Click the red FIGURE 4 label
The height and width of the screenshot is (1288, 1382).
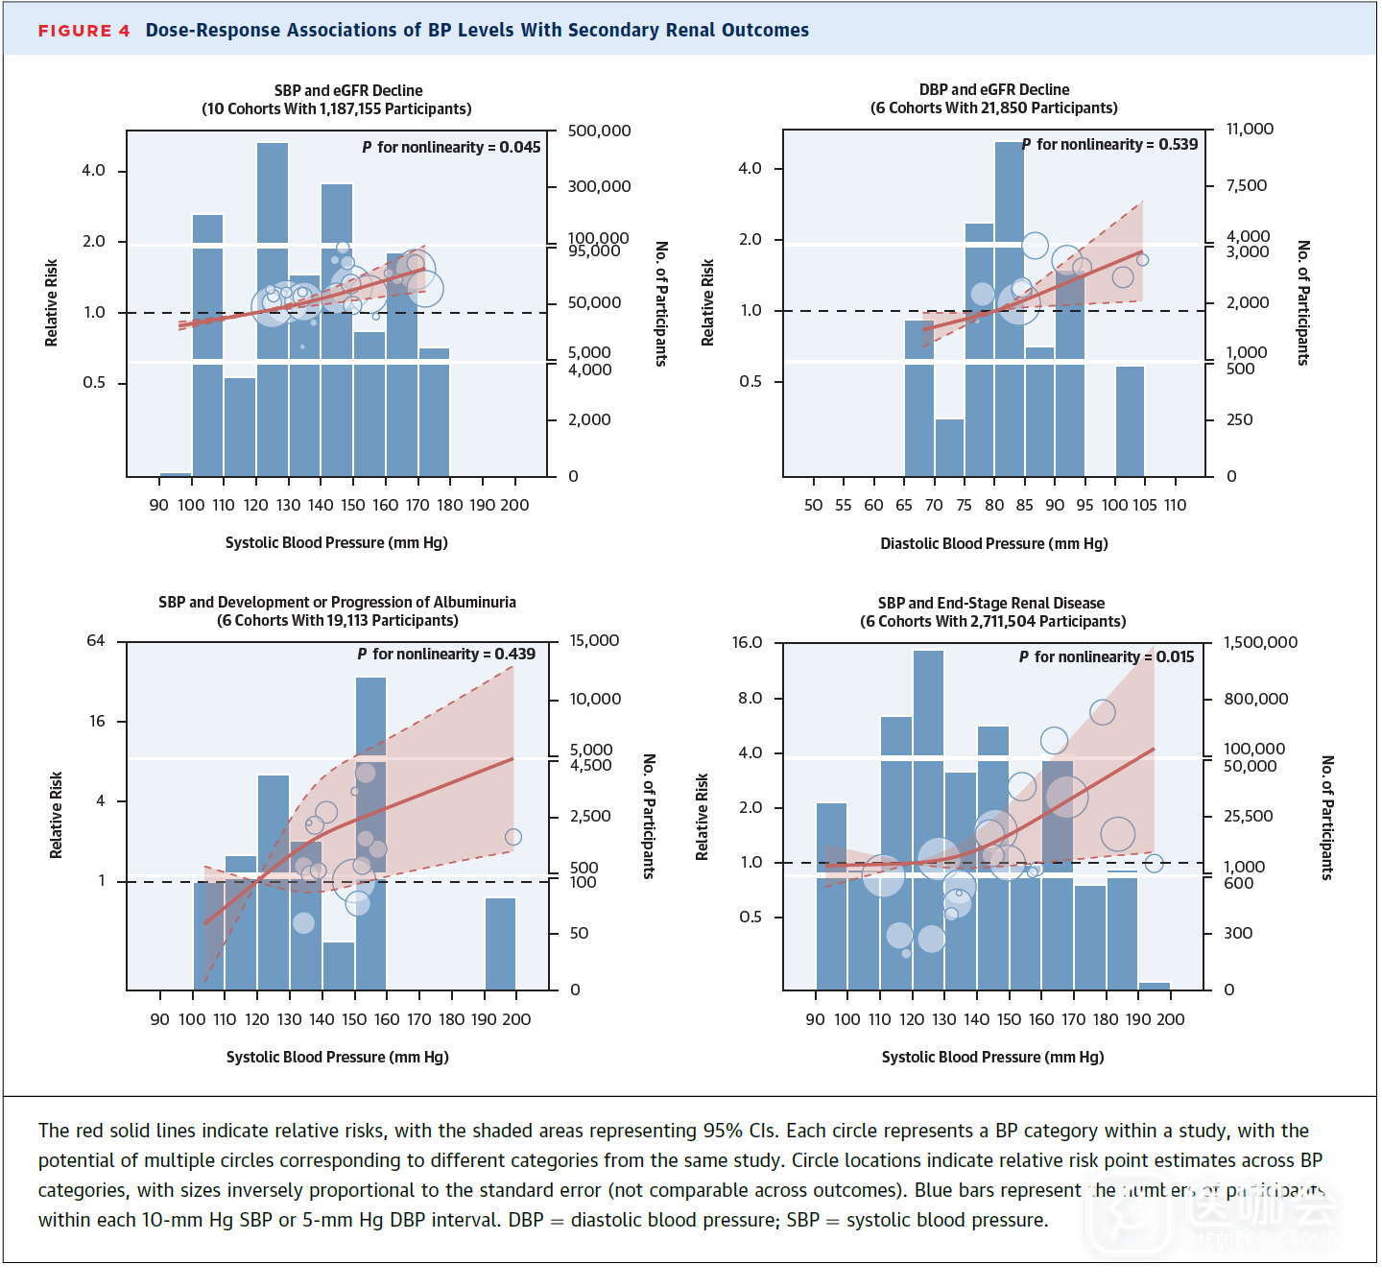tap(83, 31)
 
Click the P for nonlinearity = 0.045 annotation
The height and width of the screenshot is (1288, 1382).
tap(451, 147)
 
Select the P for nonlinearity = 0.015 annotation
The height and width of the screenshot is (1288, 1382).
tap(1107, 656)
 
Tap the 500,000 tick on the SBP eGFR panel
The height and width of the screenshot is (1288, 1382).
tap(599, 131)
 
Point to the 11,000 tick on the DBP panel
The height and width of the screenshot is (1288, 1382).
tap(1250, 129)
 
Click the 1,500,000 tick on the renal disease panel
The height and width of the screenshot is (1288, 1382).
tap(1260, 642)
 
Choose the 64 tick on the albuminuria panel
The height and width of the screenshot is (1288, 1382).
tap(96, 640)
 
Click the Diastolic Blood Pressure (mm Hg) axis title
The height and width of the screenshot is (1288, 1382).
tap(994, 543)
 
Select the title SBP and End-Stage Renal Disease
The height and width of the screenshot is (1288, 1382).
tap(991, 603)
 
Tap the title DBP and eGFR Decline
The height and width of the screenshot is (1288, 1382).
tap(994, 89)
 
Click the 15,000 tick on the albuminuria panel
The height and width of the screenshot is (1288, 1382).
tap(594, 640)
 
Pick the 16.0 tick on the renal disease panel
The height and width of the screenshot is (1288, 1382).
tap(747, 642)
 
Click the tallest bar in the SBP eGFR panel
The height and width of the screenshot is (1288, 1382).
tap(273, 307)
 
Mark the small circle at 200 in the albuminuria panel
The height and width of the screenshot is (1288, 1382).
tap(513, 837)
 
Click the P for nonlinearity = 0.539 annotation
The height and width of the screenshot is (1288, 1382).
tap(1109, 144)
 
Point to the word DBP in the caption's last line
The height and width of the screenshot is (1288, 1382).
tap(526, 1220)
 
